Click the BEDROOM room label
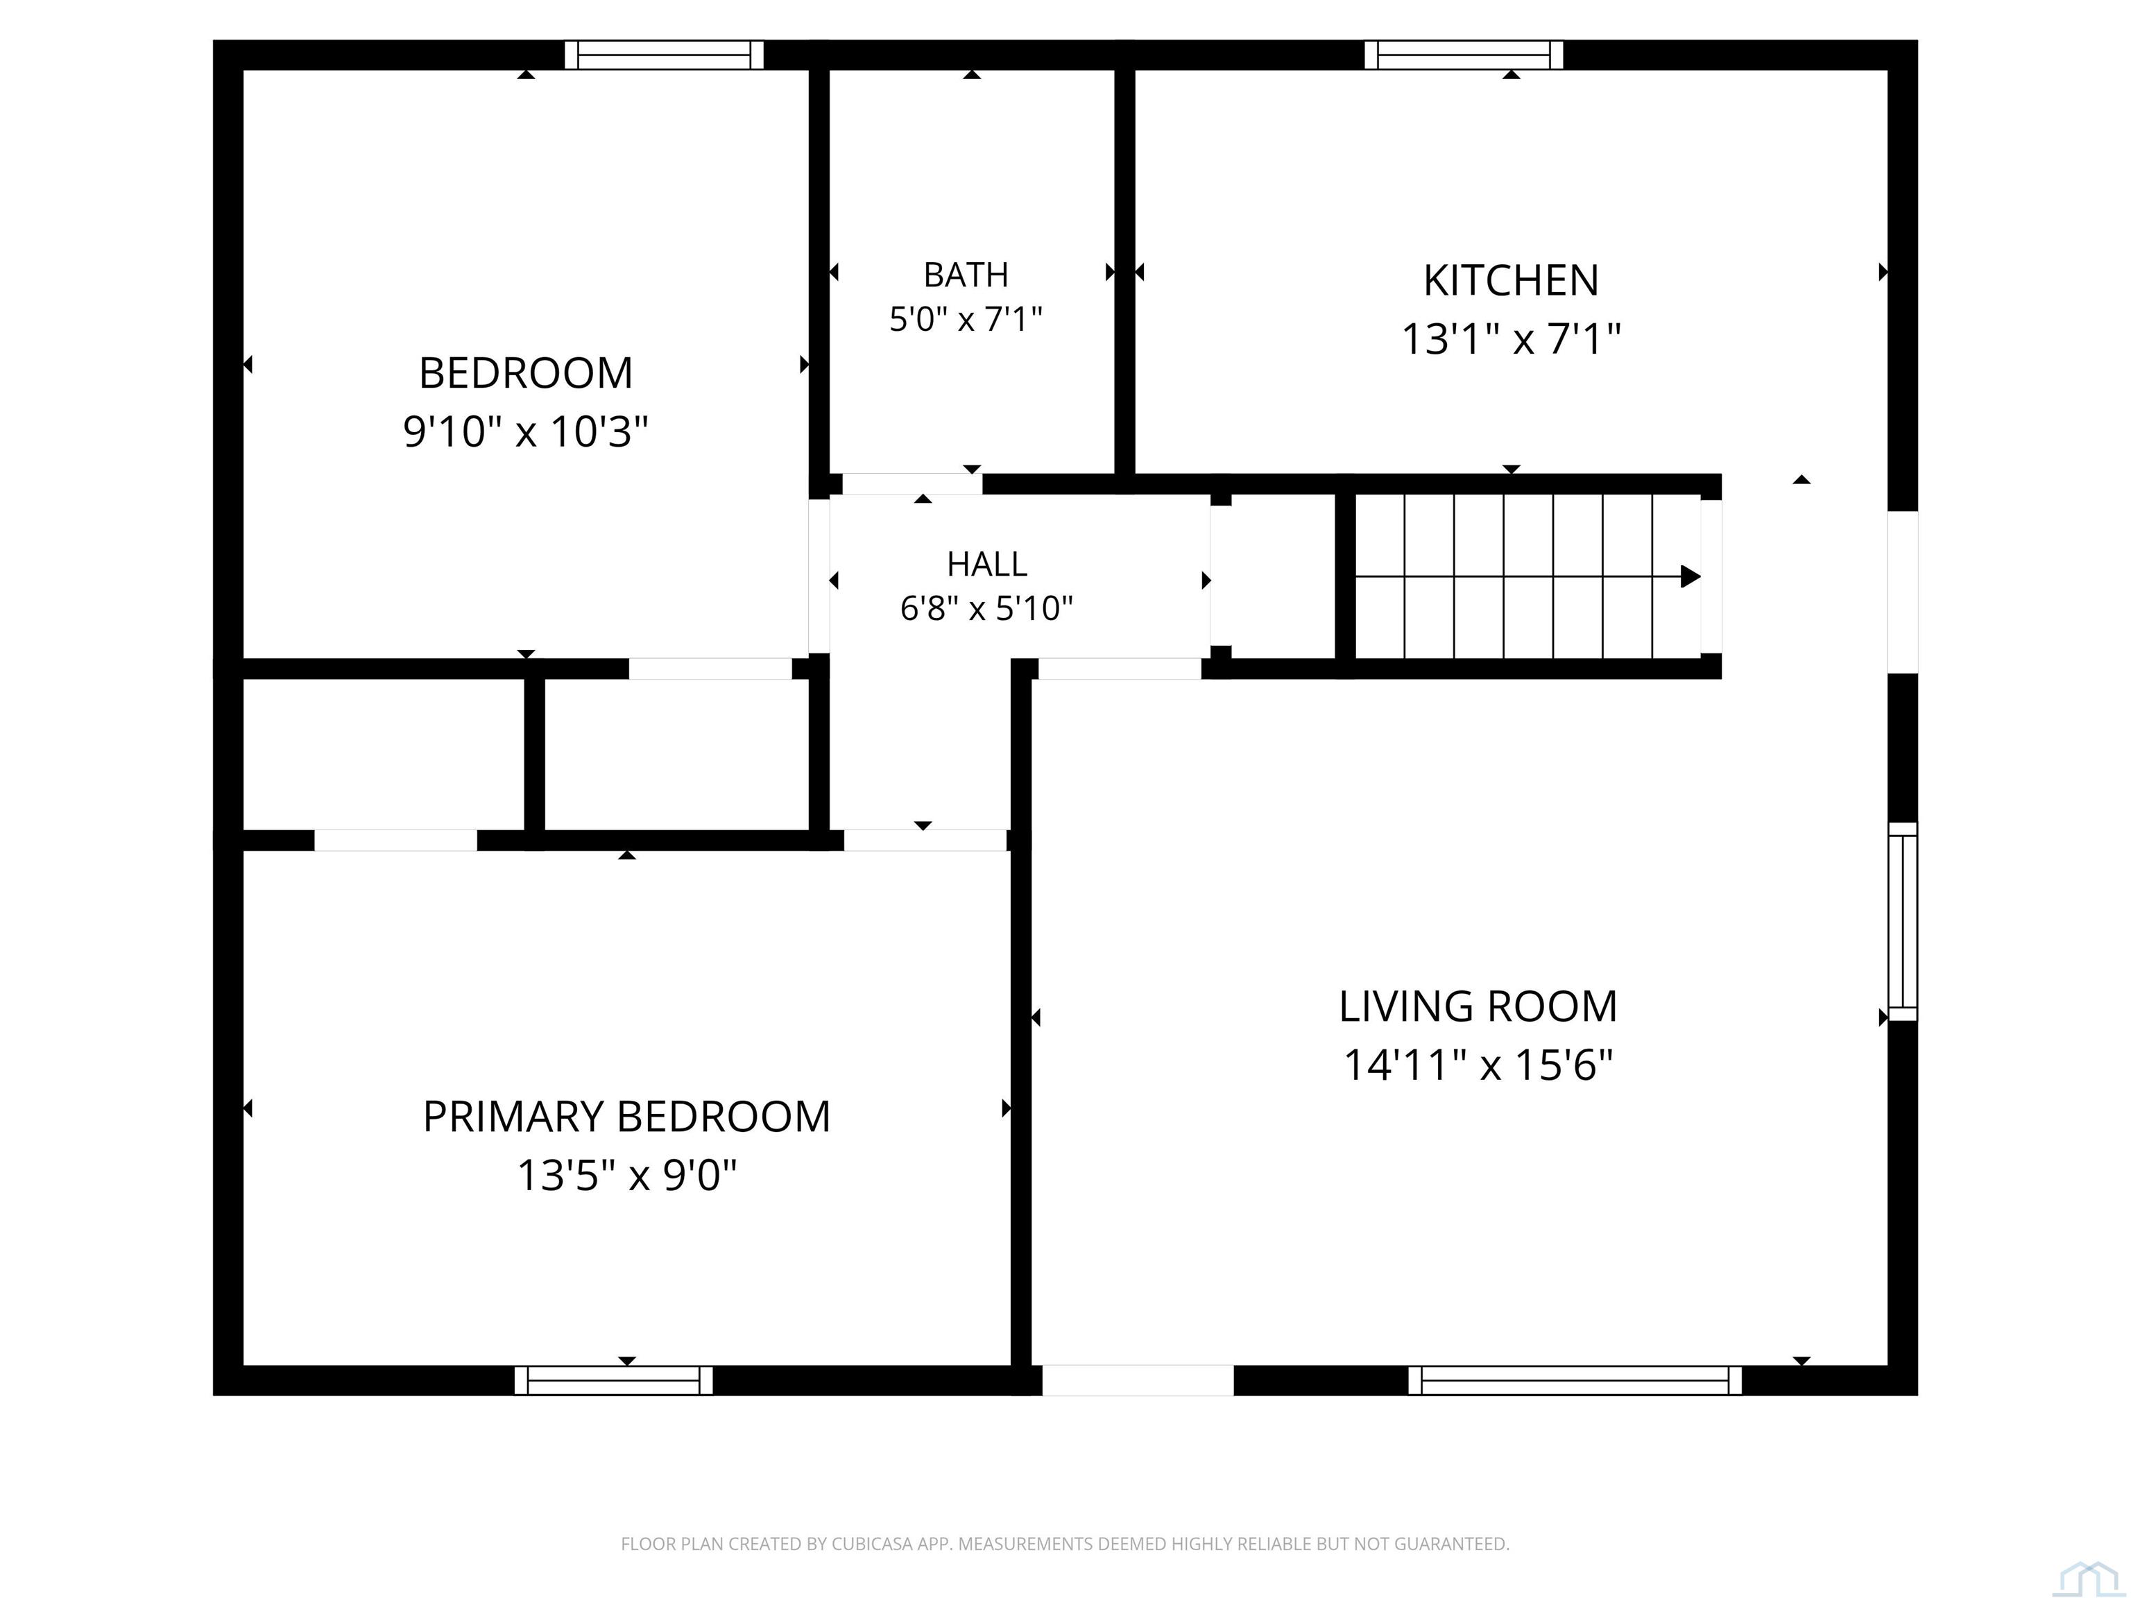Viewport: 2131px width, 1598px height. [x=525, y=372]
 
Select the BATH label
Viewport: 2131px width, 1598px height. [x=966, y=275]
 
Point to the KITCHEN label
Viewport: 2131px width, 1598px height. [x=1511, y=280]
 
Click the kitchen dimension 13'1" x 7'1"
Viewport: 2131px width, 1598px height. [x=1511, y=339]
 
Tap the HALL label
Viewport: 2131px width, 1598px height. [x=986, y=563]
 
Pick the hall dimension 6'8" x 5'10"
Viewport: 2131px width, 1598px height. [x=986, y=608]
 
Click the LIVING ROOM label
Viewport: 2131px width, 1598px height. [x=1478, y=1006]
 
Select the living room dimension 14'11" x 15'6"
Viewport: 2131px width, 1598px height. [x=1478, y=1065]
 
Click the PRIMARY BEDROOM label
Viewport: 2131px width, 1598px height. [x=626, y=1117]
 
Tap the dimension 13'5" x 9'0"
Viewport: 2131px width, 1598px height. [x=626, y=1175]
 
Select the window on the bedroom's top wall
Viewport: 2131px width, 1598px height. [x=664, y=55]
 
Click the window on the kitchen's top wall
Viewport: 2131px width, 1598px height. [x=1464, y=55]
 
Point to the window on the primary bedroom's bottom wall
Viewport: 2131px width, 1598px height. [x=614, y=1380]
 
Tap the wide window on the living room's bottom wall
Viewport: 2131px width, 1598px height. [x=1575, y=1380]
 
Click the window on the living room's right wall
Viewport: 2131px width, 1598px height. [x=1903, y=922]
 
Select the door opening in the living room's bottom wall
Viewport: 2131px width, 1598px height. [x=1138, y=1380]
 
